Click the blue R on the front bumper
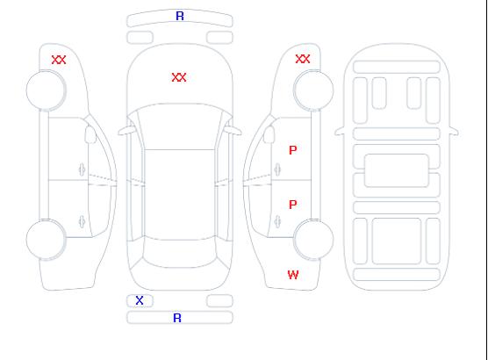(x=180, y=16)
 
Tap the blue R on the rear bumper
(x=177, y=318)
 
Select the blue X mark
(x=140, y=300)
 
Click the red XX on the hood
(x=179, y=77)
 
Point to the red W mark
(x=293, y=275)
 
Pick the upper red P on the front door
(x=293, y=150)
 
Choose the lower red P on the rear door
(x=293, y=205)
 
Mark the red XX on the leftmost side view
(x=59, y=60)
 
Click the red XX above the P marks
(x=303, y=59)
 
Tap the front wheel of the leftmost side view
(x=46, y=90)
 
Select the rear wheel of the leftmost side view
(x=46, y=240)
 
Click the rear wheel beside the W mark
(x=313, y=240)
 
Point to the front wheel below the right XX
(x=313, y=90)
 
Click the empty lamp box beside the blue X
(x=219, y=301)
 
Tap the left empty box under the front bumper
(x=140, y=38)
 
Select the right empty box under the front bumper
(x=219, y=38)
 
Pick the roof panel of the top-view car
(x=180, y=195)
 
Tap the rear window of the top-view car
(x=180, y=253)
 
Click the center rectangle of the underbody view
(x=396, y=170)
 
